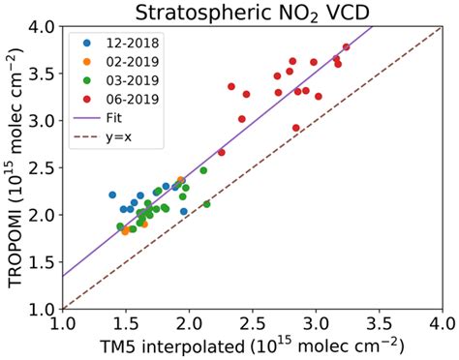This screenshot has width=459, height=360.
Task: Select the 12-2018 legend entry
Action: click(x=115, y=44)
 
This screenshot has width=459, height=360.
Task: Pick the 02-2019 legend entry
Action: click(x=115, y=61)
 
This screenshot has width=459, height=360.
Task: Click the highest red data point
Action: click(x=346, y=46)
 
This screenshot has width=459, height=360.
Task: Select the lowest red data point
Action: click(x=296, y=128)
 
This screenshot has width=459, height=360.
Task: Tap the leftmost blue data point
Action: click(x=112, y=195)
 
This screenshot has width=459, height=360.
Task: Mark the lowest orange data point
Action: click(x=125, y=232)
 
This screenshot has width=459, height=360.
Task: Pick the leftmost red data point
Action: click(x=222, y=152)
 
